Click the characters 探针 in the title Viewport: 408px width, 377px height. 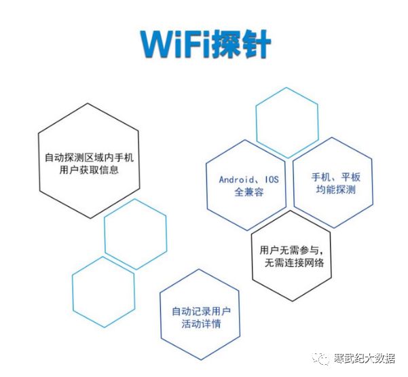[x=241, y=44]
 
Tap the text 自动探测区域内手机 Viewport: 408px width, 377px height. [x=89, y=158]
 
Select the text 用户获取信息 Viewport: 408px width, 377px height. [x=89, y=170]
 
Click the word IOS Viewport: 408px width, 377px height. [x=272, y=179]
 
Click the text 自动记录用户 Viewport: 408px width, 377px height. [x=200, y=311]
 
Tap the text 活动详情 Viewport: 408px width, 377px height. [x=200, y=324]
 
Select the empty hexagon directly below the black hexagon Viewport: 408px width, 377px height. [x=134, y=233]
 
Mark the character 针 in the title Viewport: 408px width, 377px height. [x=257, y=44]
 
